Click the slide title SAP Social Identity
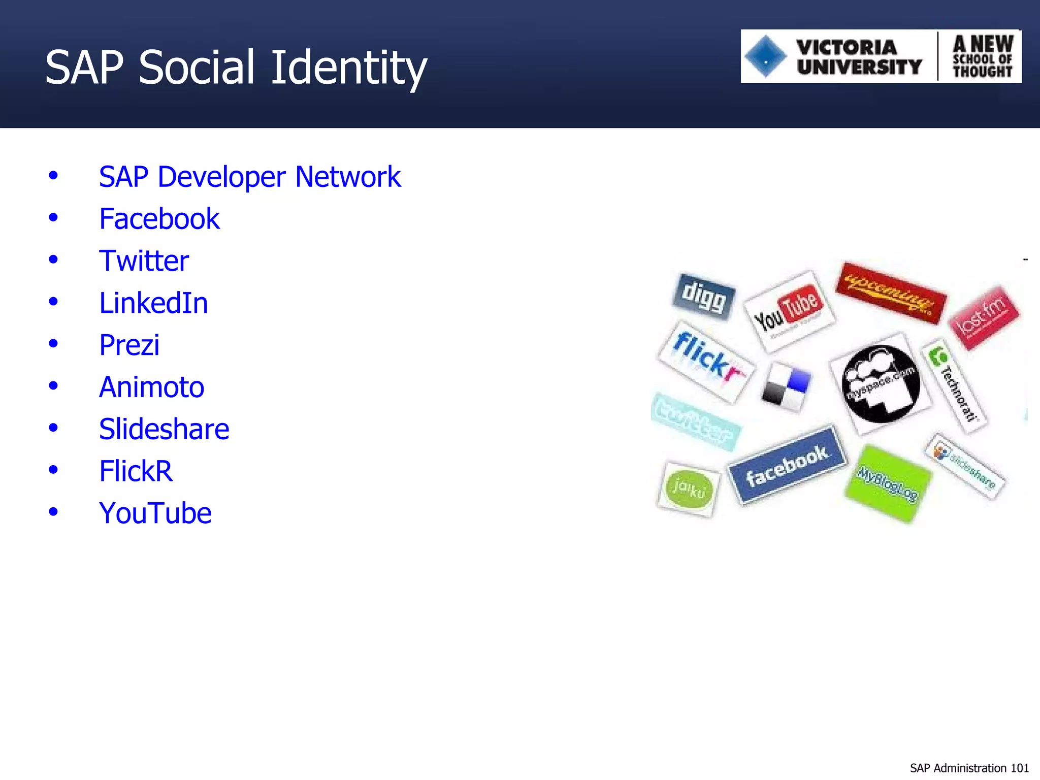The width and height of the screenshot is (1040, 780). pos(236,68)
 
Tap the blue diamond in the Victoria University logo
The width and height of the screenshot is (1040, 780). pos(765,56)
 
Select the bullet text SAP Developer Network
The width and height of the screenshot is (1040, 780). pos(249,177)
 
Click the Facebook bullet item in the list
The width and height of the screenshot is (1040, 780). pos(159,219)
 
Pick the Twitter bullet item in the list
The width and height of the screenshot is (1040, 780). pos(144,261)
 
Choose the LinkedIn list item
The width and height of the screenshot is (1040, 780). pos(153,303)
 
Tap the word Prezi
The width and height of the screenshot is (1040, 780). pos(129,345)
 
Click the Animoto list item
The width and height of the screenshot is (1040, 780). pos(151,387)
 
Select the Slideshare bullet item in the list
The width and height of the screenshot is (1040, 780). pos(164,429)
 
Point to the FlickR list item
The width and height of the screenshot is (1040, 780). pos(136,471)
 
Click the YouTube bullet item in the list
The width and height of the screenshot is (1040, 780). pos(155,513)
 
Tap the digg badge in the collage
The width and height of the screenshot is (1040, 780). pos(704,297)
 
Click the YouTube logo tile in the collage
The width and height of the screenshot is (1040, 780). pos(789,310)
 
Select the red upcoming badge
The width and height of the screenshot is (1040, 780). pos(891,293)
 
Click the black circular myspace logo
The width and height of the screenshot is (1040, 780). pos(881,383)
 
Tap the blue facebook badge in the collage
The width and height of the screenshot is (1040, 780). pos(787,465)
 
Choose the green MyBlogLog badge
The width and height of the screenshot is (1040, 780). pos(888,483)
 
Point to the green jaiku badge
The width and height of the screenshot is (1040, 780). pos(689,489)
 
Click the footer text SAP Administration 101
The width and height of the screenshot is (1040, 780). pos(969,768)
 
